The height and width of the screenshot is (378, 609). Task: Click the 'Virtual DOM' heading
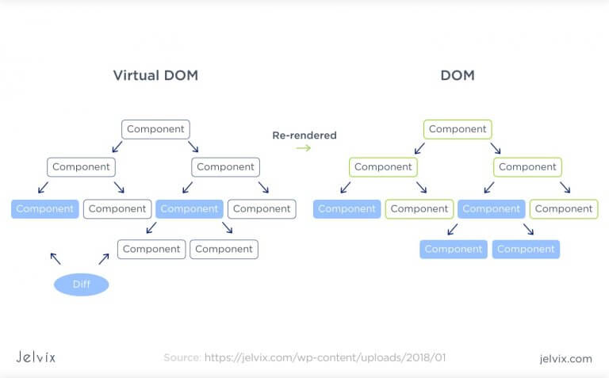pos(155,76)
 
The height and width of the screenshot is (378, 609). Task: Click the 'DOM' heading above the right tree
pos(458,76)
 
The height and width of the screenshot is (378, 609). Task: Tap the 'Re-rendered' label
pos(304,136)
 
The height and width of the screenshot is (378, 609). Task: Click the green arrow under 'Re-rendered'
pos(303,147)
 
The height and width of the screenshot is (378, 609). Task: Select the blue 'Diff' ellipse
pos(81,284)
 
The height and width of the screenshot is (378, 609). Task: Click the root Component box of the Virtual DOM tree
pos(156,129)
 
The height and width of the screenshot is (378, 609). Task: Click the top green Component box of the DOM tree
pos(458,129)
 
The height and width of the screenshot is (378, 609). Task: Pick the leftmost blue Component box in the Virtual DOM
pos(45,209)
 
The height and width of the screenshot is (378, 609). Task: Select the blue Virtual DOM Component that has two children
pos(190,209)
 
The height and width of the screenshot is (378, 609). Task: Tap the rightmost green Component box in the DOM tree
pos(564,209)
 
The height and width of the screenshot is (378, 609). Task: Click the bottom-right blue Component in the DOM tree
pos(526,249)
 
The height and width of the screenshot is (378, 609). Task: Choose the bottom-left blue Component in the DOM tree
pos(454,249)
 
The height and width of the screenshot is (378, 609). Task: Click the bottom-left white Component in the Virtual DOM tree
pos(151,249)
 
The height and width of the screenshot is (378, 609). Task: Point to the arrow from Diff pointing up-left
pos(55,258)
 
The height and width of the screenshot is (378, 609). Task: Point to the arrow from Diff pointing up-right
pos(104,258)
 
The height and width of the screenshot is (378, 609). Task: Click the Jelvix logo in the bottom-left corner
pos(36,357)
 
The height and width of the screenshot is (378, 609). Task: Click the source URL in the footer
pos(325,358)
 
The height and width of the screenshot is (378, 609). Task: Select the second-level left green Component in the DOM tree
pos(383,167)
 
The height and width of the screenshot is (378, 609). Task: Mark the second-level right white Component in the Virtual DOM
pos(225,167)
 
